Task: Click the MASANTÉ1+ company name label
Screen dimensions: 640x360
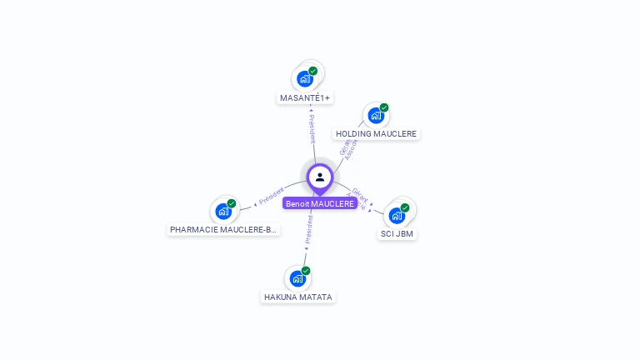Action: point(305,98)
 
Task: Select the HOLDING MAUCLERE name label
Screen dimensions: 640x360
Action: point(376,134)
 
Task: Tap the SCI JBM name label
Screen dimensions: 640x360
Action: point(397,234)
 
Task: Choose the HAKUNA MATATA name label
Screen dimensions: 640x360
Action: point(297,297)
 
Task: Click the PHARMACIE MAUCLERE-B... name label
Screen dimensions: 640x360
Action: point(222,230)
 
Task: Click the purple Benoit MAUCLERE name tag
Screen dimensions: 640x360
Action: point(320,203)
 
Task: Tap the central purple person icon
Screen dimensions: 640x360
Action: point(320,177)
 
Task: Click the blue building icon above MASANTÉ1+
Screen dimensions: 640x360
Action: point(304,79)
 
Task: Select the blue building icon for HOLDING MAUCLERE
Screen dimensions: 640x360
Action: point(375,116)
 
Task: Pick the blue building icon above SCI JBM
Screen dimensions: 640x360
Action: point(397,215)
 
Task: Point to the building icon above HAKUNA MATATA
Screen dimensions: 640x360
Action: point(297,278)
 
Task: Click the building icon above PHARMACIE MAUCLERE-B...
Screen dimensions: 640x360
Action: point(222,211)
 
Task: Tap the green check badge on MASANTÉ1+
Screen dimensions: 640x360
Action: point(313,71)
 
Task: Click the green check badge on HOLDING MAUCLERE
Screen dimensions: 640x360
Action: point(384,107)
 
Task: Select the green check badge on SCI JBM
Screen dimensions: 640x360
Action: point(405,207)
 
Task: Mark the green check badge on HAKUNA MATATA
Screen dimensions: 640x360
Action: point(306,271)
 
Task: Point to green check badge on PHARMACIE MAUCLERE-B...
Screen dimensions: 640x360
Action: point(232,203)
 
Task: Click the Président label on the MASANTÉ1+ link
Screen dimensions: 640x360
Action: point(312,129)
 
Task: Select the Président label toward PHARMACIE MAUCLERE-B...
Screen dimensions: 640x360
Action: point(272,196)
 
